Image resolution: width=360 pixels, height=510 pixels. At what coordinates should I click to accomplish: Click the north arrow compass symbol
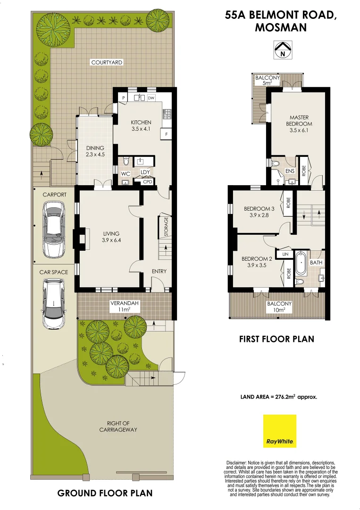283,50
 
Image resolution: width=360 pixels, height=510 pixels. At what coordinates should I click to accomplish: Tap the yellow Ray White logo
280,431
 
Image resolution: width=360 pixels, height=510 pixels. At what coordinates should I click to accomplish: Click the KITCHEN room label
141,126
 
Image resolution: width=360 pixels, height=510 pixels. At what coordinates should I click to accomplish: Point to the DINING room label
95,151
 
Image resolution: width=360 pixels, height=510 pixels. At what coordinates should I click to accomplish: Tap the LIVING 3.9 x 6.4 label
111,237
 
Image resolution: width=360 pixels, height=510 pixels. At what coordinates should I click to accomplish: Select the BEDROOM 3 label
259,212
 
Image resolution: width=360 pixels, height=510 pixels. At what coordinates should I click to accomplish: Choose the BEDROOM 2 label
257,262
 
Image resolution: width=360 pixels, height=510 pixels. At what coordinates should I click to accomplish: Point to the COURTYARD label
107,62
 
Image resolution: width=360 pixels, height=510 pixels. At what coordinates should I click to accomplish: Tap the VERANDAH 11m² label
124,306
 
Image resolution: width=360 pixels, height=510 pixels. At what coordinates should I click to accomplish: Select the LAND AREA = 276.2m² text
279,397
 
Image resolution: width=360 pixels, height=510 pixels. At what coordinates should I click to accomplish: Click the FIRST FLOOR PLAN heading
276,339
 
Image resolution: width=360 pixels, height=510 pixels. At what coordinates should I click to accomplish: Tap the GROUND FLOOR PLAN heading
105,493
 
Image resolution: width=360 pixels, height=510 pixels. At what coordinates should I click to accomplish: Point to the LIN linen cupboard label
285,254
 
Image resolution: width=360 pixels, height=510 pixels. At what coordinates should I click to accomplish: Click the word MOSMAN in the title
280,27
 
